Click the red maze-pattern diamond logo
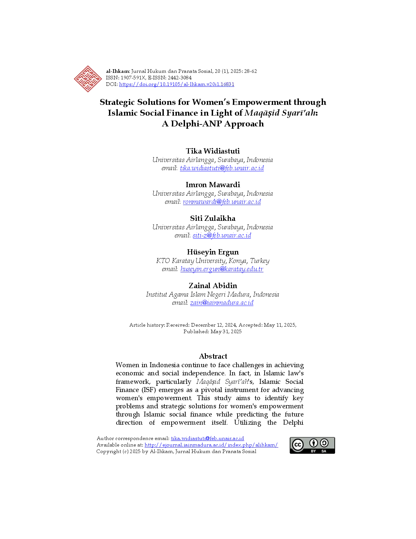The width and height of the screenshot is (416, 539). (x=87, y=79)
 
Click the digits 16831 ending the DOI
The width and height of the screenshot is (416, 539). (x=227, y=84)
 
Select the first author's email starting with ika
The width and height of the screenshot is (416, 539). (x=222, y=168)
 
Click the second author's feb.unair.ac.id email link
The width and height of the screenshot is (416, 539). (x=222, y=202)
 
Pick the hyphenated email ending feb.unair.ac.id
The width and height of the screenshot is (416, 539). (x=222, y=236)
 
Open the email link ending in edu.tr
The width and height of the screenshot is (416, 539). (x=222, y=269)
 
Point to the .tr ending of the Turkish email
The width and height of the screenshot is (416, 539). (x=260, y=269)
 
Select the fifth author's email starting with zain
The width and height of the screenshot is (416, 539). (x=222, y=303)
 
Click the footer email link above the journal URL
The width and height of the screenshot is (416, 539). (x=208, y=438)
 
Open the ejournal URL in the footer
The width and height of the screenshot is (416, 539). (x=211, y=445)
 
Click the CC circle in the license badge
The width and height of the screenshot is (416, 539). (x=298, y=445)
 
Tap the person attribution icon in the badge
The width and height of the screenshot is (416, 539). (x=314, y=443)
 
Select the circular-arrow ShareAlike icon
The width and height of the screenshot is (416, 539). (x=324, y=443)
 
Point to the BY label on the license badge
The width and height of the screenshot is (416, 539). (x=314, y=451)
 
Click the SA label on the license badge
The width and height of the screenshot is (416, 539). (x=324, y=451)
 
